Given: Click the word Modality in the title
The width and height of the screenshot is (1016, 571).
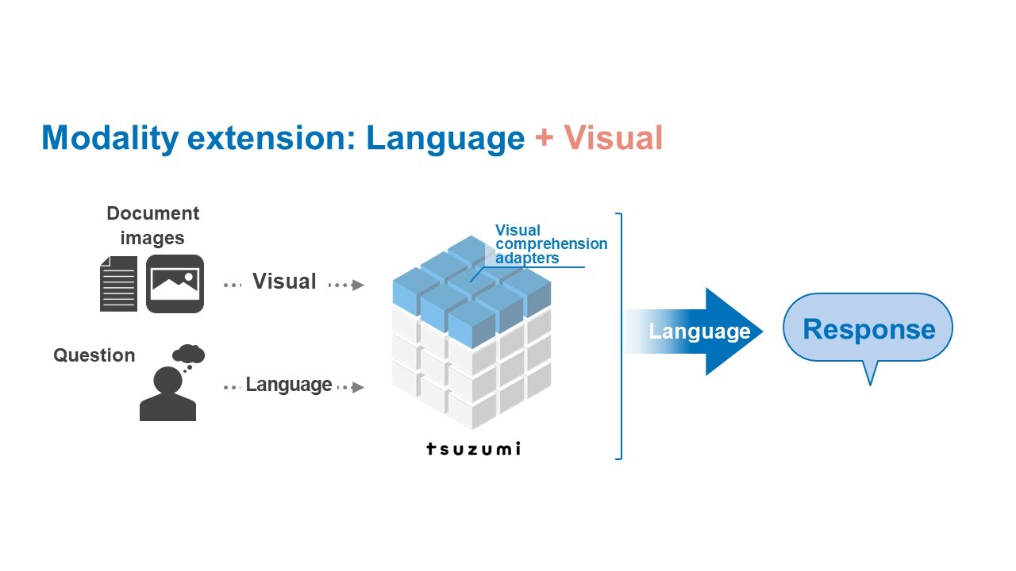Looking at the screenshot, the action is (110, 138).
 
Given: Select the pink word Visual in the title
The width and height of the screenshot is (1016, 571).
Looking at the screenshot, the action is (614, 137).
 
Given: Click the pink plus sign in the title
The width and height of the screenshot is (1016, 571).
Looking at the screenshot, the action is (544, 137).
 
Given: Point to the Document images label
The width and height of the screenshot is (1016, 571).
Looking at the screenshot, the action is (153, 225).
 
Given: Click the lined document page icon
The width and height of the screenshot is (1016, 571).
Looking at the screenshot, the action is (118, 284).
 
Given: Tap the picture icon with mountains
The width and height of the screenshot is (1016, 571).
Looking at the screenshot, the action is (175, 284).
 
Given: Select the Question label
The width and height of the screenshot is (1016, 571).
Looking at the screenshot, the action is (94, 355).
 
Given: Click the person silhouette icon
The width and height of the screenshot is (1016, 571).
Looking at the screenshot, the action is (167, 393).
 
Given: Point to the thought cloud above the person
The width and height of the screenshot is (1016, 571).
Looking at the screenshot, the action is (189, 354).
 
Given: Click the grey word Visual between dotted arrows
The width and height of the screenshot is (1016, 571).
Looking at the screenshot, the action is (284, 281).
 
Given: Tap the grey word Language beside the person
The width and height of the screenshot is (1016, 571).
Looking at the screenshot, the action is (289, 385).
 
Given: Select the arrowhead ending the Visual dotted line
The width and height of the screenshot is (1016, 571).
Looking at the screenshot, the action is (358, 285).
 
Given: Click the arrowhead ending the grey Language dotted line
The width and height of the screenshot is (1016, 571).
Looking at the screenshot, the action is (358, 387).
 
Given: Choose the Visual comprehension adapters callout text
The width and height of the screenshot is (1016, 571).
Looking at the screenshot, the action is (551, 243).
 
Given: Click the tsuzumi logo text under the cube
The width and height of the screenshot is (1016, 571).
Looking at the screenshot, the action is (473, 449).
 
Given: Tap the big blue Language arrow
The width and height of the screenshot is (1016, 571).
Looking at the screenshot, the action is (694, 331).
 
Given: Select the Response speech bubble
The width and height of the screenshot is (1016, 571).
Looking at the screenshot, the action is (868, 328).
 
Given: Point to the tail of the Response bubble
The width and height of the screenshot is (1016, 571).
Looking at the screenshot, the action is (871, 383).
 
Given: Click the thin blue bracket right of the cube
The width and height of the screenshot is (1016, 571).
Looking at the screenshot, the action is (621, 335).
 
